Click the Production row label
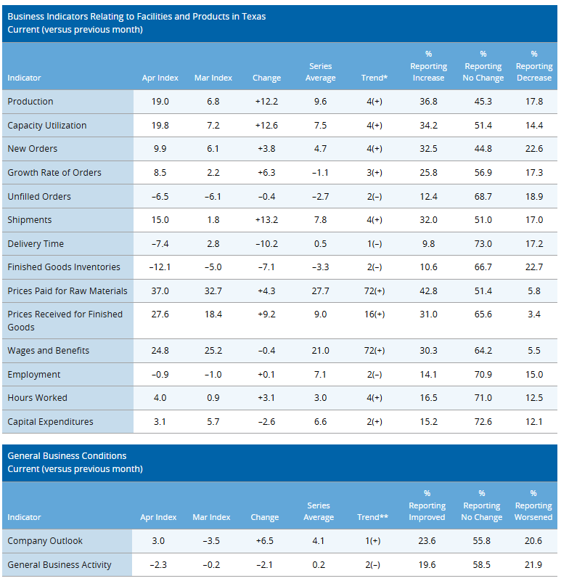tap(30, 102)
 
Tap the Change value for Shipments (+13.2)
tap(266, 220)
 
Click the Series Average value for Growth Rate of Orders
tap(320, 173)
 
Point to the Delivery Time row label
tap(36, 244)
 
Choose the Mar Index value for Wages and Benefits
tap(213, 351)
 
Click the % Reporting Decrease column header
tap(533, 66)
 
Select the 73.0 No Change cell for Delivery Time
tap(483, 244)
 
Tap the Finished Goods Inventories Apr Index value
tap(159, 267)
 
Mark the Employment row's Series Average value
tap(320, 375)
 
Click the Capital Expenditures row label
tap(50, 422)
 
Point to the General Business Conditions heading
tap(67, 456)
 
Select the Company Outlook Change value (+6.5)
tap(264, 541)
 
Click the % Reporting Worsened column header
tap(533, 505)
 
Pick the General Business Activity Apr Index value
tap(158, 565)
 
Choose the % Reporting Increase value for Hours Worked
tap(428, 398)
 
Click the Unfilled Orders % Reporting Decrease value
tap(533, 197)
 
